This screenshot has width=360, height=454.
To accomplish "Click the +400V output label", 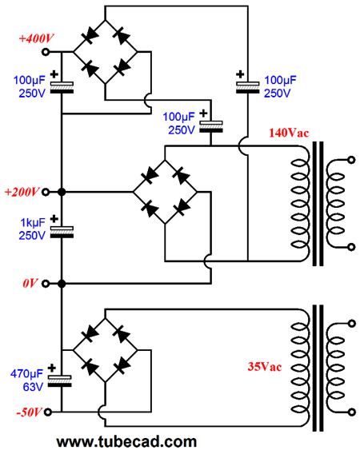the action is pos(37,38).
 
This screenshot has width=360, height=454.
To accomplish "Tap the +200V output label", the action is pos(22,192).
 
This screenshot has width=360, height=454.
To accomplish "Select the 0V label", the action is pos(30,283).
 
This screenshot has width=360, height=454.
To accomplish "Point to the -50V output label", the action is pos(29,412).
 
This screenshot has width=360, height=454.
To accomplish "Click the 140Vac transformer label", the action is pos(289,133).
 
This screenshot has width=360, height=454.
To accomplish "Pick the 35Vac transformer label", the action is pos(265,367).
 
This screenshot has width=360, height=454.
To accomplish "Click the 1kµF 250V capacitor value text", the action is pos(33,229).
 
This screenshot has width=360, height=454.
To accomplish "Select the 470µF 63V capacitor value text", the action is pos(27,380).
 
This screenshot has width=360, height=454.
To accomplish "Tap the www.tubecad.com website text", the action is pos(126,442).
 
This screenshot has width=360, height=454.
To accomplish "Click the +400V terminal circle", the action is pos(46,52).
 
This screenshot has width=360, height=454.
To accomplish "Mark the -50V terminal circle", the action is pos(48,412).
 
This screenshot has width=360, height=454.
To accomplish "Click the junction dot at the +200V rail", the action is pos(62,192).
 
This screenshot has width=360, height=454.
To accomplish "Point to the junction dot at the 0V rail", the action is pos(62,284).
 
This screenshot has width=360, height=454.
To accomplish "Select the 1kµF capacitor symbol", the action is pos(62,233).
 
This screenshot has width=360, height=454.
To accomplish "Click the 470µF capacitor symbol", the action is pos(60,381).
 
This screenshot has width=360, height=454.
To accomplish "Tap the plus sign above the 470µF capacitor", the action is pos(52,368).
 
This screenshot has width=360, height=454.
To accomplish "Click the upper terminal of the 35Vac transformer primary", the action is pos(351,323).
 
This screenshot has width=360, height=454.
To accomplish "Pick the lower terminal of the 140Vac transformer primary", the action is pos(351,247).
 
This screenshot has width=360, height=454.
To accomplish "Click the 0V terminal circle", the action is pos(46,284).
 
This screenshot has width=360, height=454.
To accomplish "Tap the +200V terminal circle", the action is pos(46,192).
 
